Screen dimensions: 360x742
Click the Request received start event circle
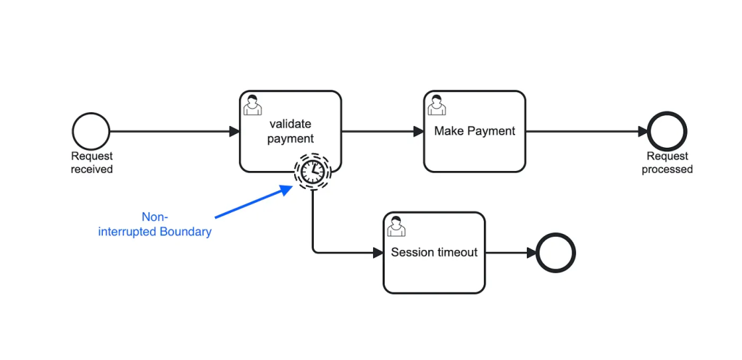pos(91,131)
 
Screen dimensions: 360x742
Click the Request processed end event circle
pos(667,131)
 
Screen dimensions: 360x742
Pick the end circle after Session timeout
pos(556,253)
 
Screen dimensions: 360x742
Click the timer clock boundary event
pos(312,171)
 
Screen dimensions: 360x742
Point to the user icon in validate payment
pos(252,105)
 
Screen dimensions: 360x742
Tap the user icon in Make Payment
pos(436,105)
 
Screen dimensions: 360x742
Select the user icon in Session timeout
pos(396,227)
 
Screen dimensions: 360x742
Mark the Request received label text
pos(92,163)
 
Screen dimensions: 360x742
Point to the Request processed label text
pos(667,163)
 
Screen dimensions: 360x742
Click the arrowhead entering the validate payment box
pos(234,131)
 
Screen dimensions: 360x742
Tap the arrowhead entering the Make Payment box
pos(419,131)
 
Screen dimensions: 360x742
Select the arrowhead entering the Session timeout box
pos(378,253)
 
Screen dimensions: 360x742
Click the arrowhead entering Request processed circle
pos(643,131)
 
